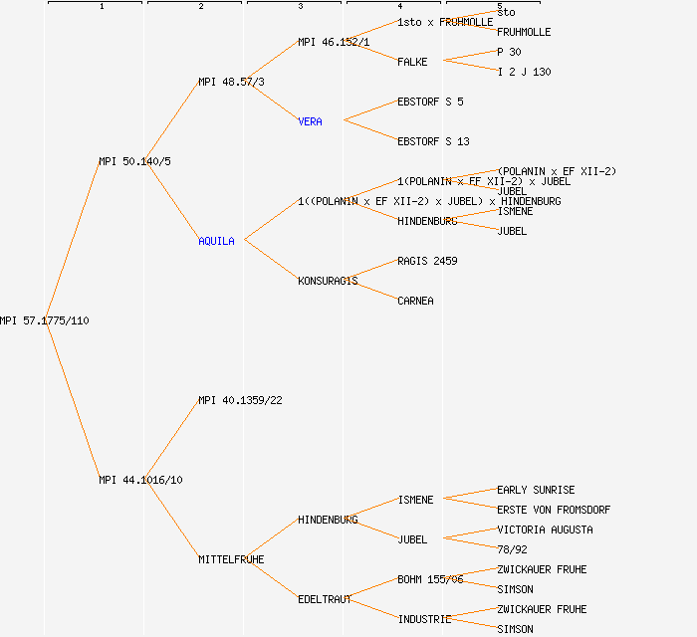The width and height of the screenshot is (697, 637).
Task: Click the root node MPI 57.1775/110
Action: pos(45,320)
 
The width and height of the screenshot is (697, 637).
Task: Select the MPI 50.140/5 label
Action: pos(134,161)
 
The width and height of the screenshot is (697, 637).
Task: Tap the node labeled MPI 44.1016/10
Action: pos(140,480)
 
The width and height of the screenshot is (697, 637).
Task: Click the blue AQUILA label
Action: pos(216,241)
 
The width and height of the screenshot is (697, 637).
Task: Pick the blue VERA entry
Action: pos(310,121)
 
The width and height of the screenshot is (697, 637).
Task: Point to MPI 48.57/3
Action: pos(231,82)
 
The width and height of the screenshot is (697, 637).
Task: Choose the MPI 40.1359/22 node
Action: pos(240,400)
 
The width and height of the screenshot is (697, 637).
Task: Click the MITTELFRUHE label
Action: pos(231,559)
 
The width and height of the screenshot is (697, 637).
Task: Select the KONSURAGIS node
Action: pos(328,281)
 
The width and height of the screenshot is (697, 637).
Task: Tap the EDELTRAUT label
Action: pos(325,599)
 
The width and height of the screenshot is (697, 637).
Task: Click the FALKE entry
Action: pos(412,62)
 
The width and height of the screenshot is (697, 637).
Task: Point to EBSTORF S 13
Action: pos(433,141)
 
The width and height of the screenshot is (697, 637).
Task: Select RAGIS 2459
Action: pos(427,261)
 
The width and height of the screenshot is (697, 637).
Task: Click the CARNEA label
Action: pos(415,301)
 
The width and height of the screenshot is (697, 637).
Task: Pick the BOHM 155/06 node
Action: pos(430,579)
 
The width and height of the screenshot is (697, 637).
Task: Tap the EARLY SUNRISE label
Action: pos(536,490)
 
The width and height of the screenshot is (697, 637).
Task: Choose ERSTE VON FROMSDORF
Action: pos(554,510)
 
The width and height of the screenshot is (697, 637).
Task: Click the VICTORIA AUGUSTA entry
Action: pos(545,530)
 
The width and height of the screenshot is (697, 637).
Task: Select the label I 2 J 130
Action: pos(524,72)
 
